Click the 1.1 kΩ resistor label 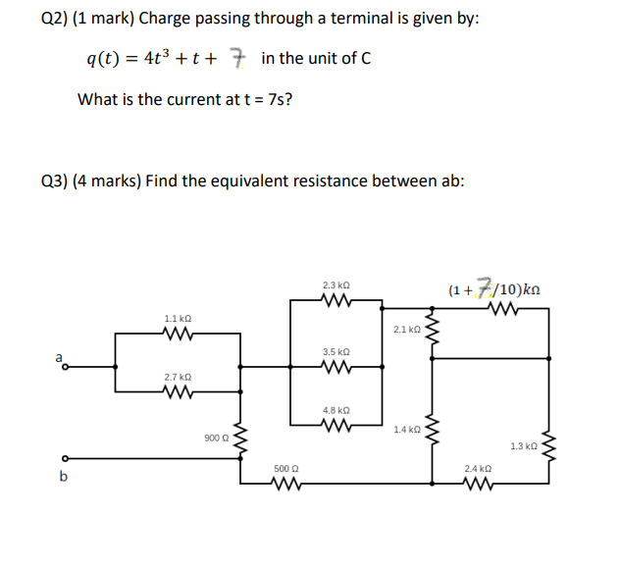(x=178, y=320)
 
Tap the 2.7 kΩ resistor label (x=178, y=377)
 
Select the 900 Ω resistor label (x=217, y=438)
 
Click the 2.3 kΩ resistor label (x=336, y=285)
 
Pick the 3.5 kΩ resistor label (x=336, y=351)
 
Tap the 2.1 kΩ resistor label (x=405, y=330)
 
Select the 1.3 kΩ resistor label (x=524, y=445)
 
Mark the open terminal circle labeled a (x=66, y=368)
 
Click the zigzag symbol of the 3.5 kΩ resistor (x=336, y=369)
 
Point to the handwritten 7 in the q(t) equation (x=236, y=58)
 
